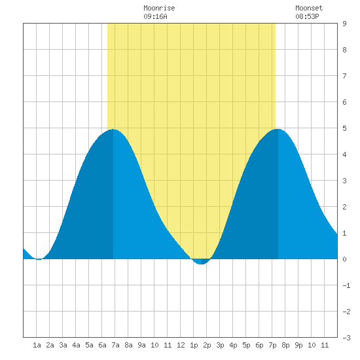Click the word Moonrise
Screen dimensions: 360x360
click(159, 9)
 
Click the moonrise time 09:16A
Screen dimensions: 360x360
click(155, 16)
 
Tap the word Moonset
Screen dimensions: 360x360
click(309, 9)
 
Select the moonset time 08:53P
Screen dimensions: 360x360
click(307, 16)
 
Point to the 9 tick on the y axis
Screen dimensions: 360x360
click(344, 24)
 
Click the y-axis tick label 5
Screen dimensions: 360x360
click(344, 128)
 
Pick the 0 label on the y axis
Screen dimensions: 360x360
click(344, 259)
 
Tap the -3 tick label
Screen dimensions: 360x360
click(346, 338)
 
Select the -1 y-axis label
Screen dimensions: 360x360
click(346, 285)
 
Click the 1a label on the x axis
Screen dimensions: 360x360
click(37, 345)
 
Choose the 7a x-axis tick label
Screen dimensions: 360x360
click(115, 345)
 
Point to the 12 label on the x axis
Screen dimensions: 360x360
click(181, 345)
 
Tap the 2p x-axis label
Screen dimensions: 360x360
click(207, 345)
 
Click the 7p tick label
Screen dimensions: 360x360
click(272, 345)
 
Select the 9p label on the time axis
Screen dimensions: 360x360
click(298, 345)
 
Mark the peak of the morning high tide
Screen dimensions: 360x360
click(113, 130)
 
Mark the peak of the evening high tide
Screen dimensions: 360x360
click(278, 129)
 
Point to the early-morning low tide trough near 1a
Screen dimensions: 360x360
click(39, 259)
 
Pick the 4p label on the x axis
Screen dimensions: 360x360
click(233, 345)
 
